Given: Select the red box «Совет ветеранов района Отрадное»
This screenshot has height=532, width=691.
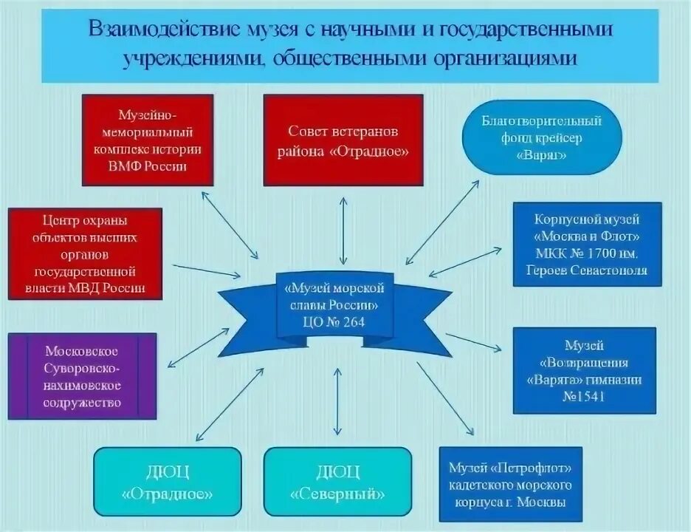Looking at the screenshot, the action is (343, 140).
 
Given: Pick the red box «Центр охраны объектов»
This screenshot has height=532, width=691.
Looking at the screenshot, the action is (85, 253).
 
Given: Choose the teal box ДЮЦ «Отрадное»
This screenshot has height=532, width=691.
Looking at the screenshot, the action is (167, 481).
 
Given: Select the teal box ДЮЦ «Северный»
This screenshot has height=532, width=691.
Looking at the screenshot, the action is (338, 481).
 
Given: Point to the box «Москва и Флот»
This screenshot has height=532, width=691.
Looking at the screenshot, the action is (588, 245).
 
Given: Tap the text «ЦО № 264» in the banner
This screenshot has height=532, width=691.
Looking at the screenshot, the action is (332, 321).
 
